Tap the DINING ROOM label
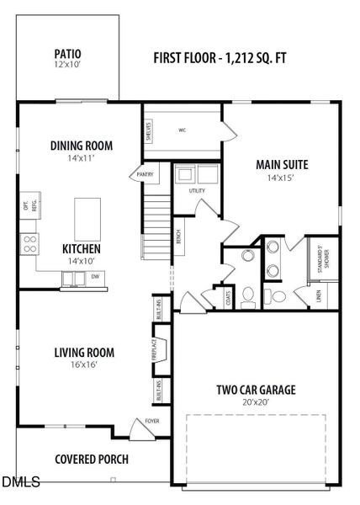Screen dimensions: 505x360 pos(81,146)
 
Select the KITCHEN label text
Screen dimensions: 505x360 pos(82,249)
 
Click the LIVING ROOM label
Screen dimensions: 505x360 pos(84,353)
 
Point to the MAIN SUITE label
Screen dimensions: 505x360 pos(283,164)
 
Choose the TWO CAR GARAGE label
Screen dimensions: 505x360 pos(256,390)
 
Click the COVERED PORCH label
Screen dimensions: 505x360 pos(92,459)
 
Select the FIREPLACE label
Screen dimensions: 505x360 pos(154,349)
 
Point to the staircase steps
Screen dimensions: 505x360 pos(156,219)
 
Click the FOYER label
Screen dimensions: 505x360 pos(151,423)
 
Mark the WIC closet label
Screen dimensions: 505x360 pos(182,130)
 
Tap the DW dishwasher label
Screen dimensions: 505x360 pos(94,276)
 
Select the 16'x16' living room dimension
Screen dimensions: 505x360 pos(84,366)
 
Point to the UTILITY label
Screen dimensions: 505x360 pos(197,191)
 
